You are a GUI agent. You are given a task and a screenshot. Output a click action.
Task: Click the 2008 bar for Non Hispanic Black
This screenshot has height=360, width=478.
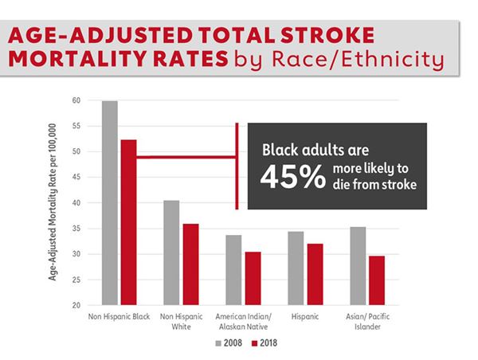pos(110,203)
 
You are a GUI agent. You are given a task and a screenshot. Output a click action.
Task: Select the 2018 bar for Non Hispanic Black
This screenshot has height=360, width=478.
pos(128,222)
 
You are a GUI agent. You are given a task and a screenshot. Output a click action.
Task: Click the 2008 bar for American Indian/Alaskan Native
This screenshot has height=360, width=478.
pos(232,270)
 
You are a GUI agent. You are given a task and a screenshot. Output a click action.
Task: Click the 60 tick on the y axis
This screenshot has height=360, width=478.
pos(77,100)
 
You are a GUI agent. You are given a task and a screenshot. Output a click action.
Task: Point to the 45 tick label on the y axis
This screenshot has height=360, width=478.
pos(77,178)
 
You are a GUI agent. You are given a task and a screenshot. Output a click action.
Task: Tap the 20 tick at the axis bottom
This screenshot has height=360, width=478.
pos(77,306)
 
